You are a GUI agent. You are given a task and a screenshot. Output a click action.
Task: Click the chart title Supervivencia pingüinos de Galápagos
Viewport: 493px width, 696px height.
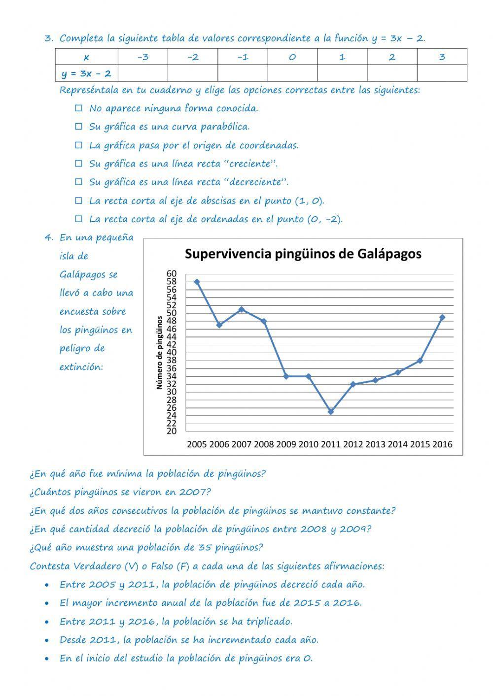point(303,254)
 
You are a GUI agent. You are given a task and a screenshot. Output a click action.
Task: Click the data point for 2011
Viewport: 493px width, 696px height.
point(331,411)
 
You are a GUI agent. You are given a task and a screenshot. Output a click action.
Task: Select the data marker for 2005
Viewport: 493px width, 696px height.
point(197,282)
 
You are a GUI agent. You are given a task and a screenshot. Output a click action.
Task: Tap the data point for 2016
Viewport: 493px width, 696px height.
point(442,317)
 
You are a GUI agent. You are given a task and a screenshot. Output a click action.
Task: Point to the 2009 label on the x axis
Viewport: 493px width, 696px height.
point(286,444)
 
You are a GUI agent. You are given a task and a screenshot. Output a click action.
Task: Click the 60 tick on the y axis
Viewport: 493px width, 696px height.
point(171,274)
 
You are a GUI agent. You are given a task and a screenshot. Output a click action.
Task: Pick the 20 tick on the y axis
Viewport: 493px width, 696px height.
point(171,431)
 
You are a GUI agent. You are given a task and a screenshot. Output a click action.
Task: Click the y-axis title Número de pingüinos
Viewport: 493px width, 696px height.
point(159,353)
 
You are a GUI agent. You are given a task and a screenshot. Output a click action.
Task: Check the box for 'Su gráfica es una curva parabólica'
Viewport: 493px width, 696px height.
point(78,127)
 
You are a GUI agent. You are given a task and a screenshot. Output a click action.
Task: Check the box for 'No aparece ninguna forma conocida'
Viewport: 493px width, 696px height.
point(78,108)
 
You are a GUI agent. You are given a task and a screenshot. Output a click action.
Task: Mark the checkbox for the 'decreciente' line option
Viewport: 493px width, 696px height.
point(78,182)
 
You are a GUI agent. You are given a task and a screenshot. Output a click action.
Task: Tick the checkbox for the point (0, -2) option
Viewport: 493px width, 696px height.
point(78,219)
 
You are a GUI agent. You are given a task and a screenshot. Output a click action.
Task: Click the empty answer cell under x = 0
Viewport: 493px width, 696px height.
point(292,73)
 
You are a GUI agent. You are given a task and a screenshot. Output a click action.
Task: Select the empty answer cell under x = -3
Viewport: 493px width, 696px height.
point(143,73)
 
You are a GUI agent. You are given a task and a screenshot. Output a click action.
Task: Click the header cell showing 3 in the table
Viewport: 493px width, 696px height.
point(442,57)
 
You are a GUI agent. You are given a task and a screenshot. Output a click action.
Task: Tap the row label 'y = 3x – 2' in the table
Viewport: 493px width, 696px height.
point(87,73)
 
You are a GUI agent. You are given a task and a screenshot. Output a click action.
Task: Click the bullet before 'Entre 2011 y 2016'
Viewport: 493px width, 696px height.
point(46,622)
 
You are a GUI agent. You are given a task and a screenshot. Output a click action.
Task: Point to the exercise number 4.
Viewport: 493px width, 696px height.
point(48,237)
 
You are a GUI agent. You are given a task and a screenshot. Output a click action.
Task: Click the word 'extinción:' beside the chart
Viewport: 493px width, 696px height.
point(81,367)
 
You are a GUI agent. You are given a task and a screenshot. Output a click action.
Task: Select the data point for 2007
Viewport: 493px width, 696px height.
point(242,309)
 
